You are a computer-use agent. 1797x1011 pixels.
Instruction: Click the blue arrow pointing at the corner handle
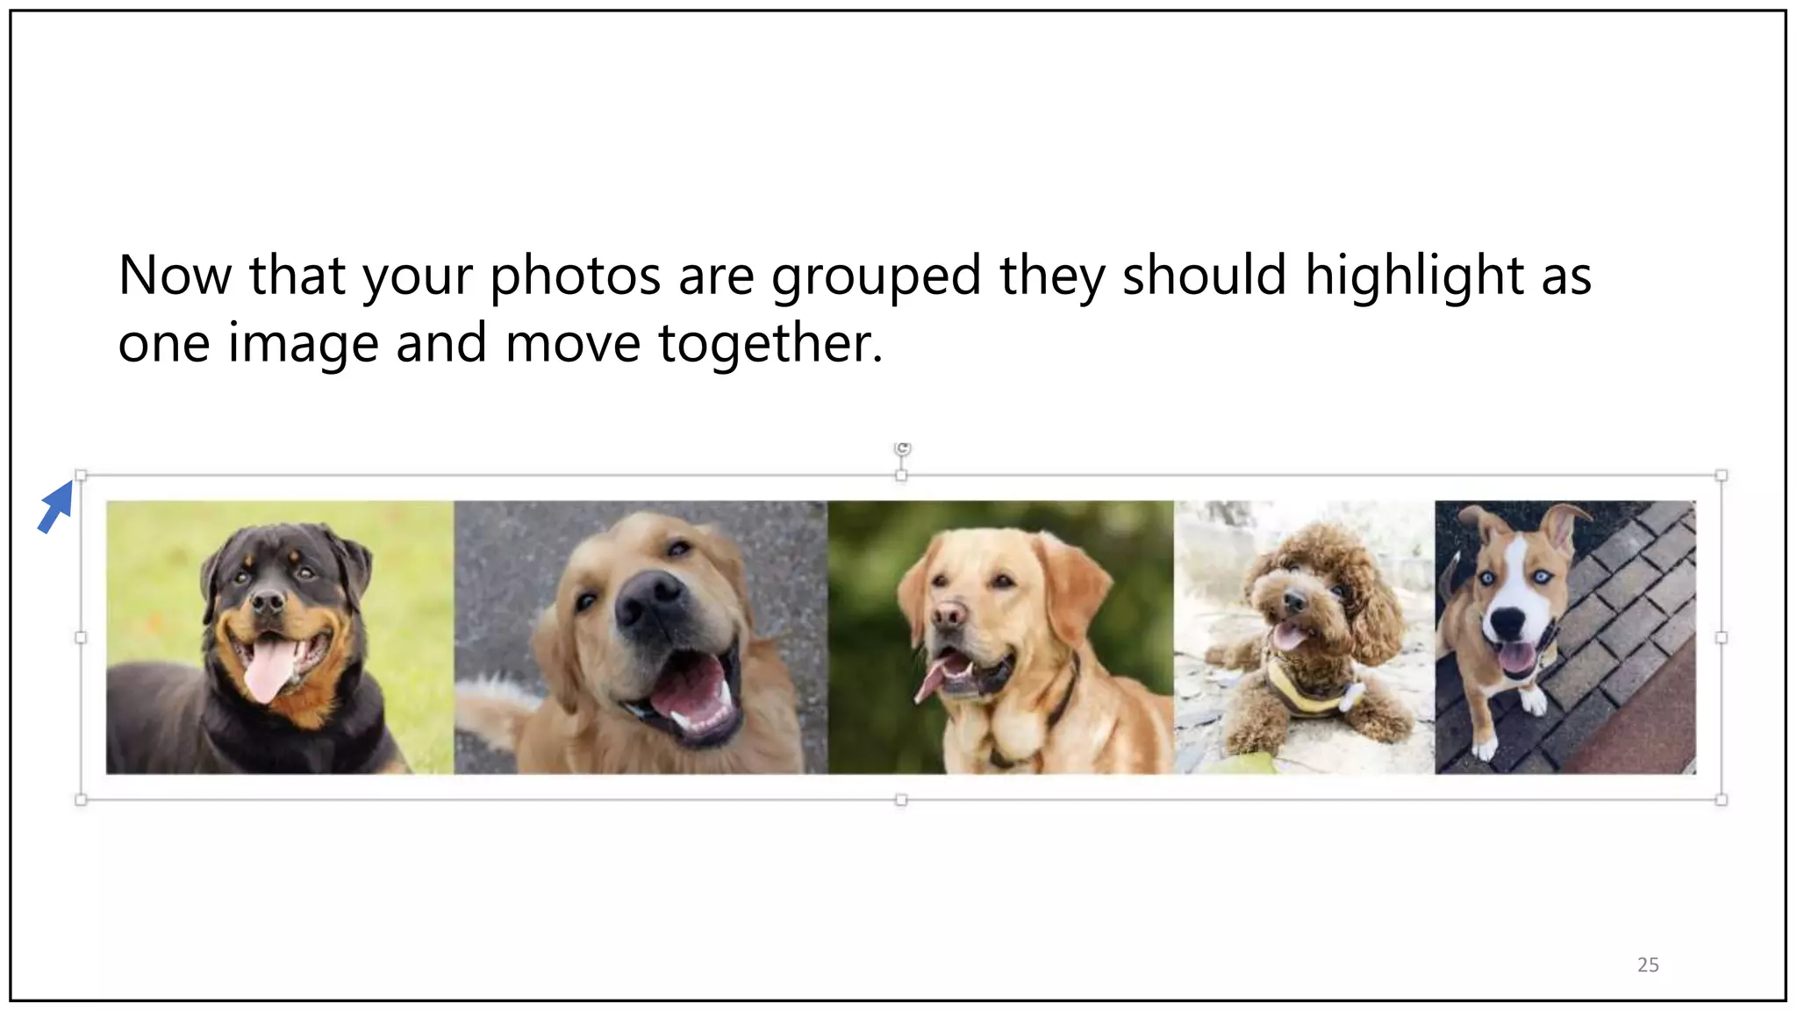(x=55, y=508)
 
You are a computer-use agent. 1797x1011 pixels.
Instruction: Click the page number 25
(x=1648, y=964)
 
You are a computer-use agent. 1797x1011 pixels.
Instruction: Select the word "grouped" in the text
(x=876, y=276)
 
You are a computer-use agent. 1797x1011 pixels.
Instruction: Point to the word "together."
(x=770, y=343)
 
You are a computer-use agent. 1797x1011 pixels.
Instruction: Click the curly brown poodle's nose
(x=1293, y=602)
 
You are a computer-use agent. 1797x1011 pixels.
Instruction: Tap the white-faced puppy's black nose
(x=1507, y=622)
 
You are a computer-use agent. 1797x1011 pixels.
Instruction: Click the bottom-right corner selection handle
(x=1721, y=799)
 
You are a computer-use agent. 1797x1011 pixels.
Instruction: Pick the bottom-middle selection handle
(x=901, y=799)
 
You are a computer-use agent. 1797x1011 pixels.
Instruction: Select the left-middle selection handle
(x=81, y=638)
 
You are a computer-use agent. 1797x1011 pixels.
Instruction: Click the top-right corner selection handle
(x=1721, y=476)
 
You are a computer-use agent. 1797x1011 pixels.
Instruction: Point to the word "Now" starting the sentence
(x=174, y=276)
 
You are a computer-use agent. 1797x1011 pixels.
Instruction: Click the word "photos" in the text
(x=575, y=276)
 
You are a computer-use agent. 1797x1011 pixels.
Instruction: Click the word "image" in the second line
(x=303, y=343)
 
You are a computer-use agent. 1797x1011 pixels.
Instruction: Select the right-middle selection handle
(x=1721, y=638)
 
